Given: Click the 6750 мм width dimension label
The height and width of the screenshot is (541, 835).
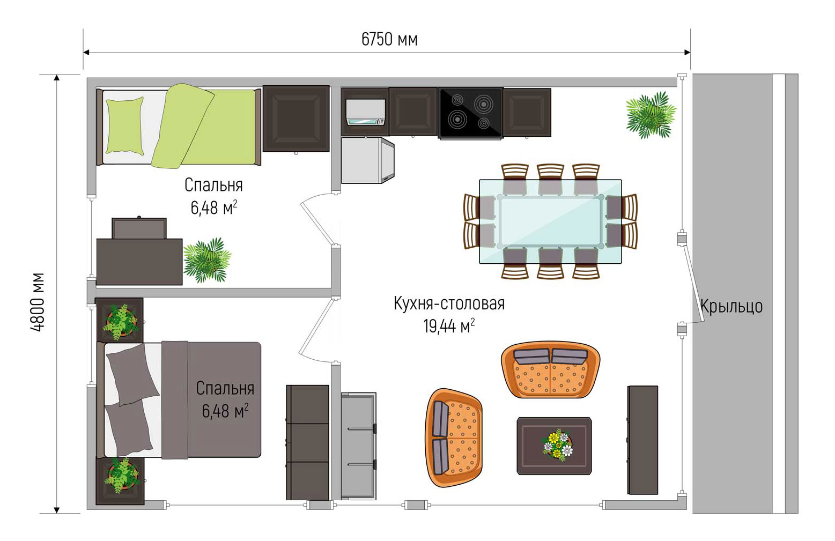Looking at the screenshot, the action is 389,40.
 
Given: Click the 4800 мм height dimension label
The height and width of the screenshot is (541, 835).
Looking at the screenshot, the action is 38,302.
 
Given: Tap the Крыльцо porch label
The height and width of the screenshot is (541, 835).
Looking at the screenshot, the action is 731,307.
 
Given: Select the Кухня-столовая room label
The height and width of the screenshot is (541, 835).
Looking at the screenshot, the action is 449,303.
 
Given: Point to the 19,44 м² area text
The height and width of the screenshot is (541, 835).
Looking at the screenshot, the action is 449,325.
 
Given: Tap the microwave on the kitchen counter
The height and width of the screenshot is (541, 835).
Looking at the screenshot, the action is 365,112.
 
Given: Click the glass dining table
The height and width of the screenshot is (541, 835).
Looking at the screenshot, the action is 550,221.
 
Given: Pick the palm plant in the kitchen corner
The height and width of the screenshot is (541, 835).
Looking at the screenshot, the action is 651,115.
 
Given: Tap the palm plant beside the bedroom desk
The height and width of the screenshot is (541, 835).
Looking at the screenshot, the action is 207,260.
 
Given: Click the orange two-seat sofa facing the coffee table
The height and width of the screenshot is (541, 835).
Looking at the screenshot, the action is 550,369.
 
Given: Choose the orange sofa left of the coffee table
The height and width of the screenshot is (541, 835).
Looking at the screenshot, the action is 454,438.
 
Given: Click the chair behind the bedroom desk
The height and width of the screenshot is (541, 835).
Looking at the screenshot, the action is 139,228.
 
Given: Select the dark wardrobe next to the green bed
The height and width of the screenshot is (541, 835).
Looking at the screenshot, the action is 296,118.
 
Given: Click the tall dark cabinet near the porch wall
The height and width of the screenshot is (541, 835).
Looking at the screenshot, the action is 642,440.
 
